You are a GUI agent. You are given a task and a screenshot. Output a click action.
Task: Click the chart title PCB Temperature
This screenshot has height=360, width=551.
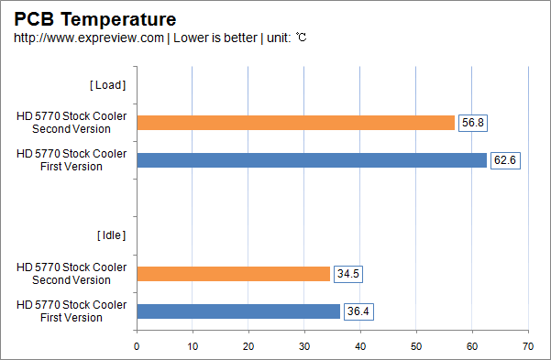point(94,18)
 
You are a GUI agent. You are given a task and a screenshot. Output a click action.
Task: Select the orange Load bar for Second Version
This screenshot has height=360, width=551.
point(295,123)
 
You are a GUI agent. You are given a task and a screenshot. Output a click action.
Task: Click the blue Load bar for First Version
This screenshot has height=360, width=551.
point(312,160)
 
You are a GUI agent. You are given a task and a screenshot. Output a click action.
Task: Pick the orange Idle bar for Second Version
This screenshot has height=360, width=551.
point(233,274)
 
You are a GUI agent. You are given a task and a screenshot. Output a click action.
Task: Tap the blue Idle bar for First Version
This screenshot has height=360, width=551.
point(238,311)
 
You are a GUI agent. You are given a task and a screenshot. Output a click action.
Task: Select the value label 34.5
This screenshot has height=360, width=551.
point(347,274)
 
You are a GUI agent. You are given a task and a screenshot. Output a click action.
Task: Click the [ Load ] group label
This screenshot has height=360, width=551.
point(107,85)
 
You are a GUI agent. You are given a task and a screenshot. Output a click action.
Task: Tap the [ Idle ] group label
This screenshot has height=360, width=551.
point(110,235)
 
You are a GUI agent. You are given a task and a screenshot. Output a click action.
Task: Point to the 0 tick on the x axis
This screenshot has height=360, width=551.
point(137,346)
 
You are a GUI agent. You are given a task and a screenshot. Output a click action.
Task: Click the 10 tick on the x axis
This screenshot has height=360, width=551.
point(193,346)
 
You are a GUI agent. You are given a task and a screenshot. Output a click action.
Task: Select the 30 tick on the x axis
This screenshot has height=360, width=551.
point(304,346)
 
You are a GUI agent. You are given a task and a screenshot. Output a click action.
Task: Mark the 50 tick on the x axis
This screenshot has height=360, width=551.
point(416,346)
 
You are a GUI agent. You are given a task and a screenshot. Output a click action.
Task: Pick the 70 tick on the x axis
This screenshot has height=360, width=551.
point(528,346)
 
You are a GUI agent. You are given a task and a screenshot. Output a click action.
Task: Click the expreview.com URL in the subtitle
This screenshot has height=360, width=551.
point(89,38)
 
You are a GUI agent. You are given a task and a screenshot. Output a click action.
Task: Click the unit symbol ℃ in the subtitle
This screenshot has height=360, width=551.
point(301,38)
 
